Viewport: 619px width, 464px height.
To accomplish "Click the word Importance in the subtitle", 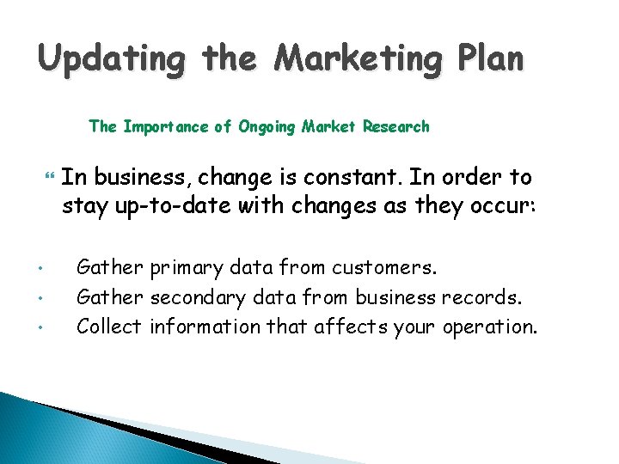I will pyautogui.click(x=167, y=127).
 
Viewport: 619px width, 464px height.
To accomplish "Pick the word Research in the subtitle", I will pyautogui.click(x=395, y=127).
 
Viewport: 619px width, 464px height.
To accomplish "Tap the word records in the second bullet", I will pyautogui.click(x=481, y=297).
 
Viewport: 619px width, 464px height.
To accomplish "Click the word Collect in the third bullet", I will pyautogui.click(x=109, y=327).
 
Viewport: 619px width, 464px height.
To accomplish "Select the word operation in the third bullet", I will pyautogui.click(x=490, y=327).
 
